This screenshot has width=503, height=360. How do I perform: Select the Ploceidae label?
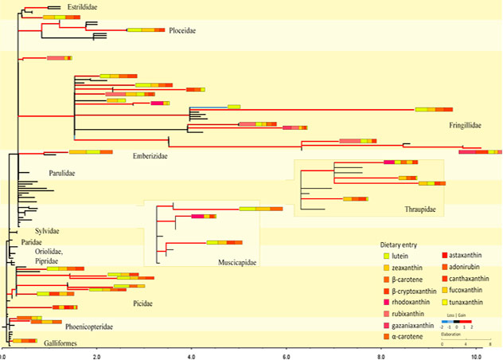pos(182,31)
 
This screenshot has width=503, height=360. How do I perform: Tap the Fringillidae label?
pos(466,125)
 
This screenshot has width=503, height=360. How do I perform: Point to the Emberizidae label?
pos(150,156)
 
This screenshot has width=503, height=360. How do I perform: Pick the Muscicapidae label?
pos(237,262)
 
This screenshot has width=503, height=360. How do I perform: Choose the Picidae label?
pos(142,303)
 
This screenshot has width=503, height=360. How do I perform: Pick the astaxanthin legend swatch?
pos(444,256)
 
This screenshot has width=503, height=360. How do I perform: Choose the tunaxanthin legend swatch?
pos(444,302)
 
